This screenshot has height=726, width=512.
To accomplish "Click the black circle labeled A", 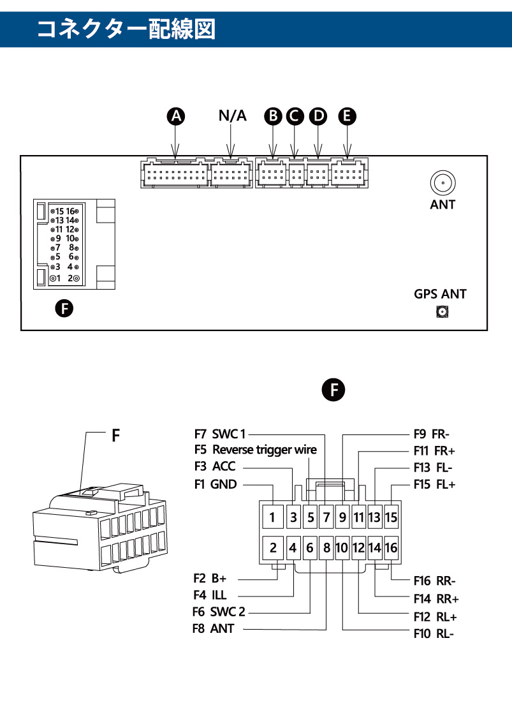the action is pos(176,116).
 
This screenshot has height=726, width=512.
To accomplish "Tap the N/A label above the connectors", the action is pos(232,115).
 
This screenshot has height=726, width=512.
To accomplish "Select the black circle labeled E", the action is pos(347,116).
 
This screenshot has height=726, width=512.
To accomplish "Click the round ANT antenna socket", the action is pos(443,183).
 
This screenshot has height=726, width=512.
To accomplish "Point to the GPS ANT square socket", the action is pos(443,312).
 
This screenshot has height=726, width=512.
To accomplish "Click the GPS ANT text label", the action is pos(440,294).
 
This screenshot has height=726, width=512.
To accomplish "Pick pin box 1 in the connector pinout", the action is pos(273,517).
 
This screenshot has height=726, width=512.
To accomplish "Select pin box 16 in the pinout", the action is pos(391,548).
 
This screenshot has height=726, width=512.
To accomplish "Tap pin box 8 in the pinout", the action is pos(326,548).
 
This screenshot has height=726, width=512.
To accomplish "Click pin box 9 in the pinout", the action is pos(342,517).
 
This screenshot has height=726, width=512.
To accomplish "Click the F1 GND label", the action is pos(216,484).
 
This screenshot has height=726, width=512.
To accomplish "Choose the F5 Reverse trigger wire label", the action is pos(256,450).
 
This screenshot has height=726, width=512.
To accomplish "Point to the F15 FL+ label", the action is pos(434,484).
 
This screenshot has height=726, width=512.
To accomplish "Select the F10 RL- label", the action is pos(434,633).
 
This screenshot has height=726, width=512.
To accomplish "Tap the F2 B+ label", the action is pos(210,578).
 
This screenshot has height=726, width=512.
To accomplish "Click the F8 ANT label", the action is pos(214,628).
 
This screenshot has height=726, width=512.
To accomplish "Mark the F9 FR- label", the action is pos(432,434).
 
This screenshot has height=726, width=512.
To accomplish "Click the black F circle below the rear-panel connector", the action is pos(64,308).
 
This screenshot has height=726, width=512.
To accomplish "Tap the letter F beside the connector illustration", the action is pos(116,435).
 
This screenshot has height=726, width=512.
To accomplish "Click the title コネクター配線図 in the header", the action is pos(126,29).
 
